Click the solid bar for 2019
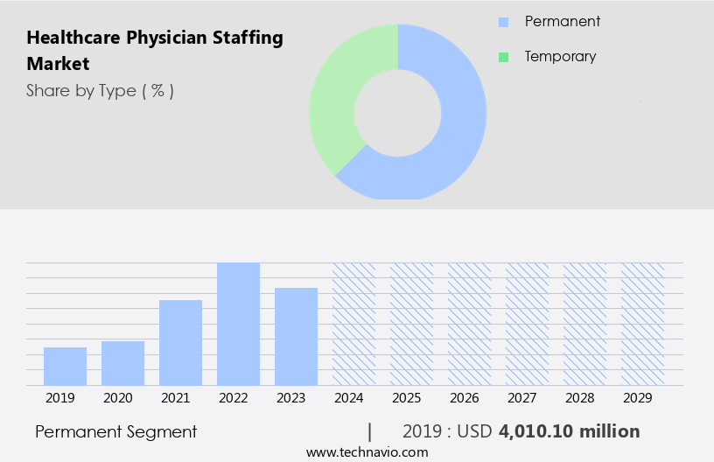tap(65, 366)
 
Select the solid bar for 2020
tap(122, 363)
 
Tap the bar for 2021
tap(180, 342)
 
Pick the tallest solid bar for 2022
tap(238, 324)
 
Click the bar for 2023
tap(296, 336)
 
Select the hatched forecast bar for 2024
tap(353, 324)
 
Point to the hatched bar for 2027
tap(527, 324)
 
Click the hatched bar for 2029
tap(642, 324)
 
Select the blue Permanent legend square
tap(503, 22)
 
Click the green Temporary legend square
tap(503, 57)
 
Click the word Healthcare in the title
tap(71, 38)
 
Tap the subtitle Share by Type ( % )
tap(100, 90)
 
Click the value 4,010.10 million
tap(569, 431)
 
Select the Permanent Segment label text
tap(115, 431)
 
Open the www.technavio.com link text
tap(367, 452)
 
